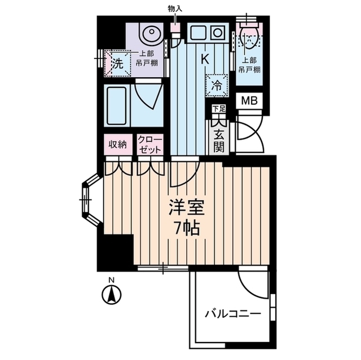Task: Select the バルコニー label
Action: (x=232, y=313)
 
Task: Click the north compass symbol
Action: (x=112, y=294)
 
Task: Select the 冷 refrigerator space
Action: (x=217, y=86)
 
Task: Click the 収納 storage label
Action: (x=117, y=145)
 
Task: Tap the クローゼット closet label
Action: (x=149, y=145)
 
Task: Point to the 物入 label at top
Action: (x=175, y=10)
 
